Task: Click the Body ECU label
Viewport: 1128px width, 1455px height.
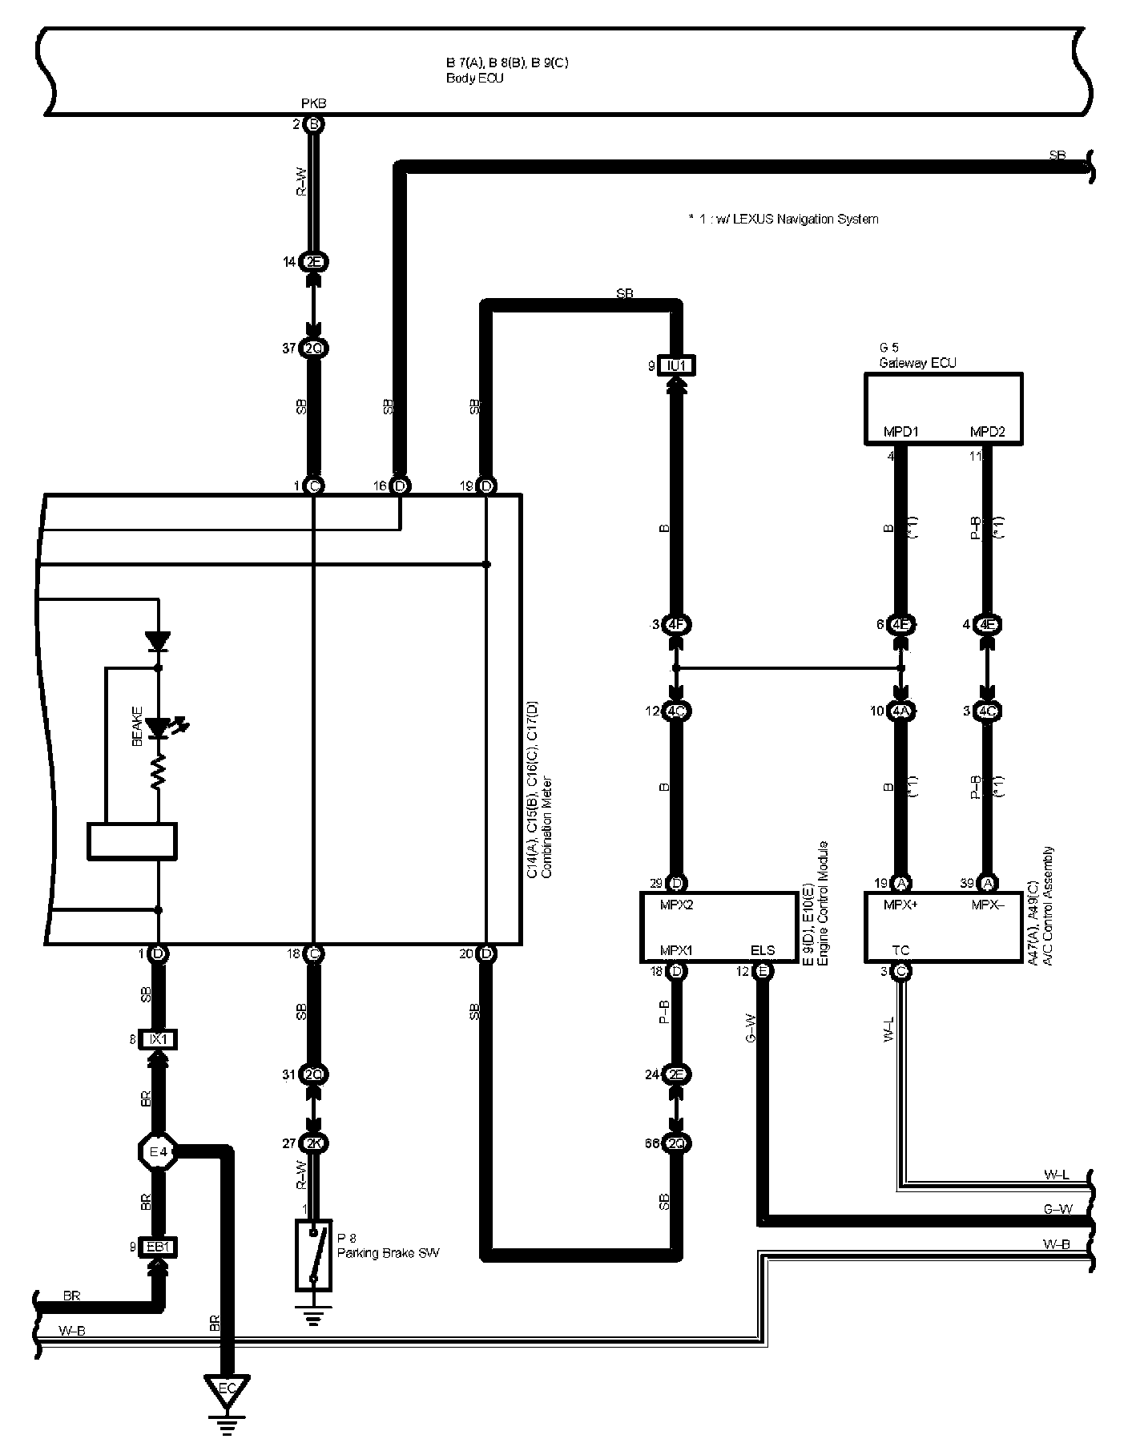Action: coord(474,79)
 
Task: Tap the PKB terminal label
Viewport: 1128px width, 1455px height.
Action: coord(313,103)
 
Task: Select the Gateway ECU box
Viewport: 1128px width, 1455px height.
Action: coord(943,408)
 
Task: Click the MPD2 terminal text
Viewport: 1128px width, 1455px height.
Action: coord(987,432)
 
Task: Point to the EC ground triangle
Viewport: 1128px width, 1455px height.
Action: coord(228,1388)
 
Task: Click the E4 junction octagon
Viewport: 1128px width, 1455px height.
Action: coord(159,1153)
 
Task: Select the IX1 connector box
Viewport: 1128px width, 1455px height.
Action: coord(159,1039)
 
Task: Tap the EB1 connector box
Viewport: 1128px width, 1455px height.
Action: coord(159,1247)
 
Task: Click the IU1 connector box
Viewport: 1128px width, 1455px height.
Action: coord(676,365)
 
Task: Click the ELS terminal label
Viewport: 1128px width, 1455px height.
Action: coord(763,950)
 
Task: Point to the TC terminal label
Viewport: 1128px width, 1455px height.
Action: coord(900,950)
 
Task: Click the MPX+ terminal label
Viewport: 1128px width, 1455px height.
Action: coord(900,905)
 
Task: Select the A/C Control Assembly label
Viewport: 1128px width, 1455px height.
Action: coord(1049,905)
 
